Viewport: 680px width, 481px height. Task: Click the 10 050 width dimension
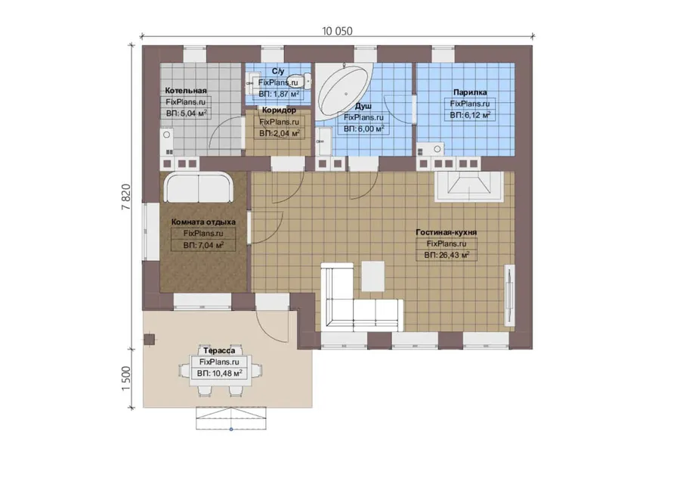337,31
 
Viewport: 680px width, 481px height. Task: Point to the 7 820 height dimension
125,197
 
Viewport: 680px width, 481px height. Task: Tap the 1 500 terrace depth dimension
125,378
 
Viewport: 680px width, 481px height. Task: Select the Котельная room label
186,90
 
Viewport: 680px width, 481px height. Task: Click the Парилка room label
470,92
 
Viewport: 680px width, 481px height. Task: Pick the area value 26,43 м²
447,256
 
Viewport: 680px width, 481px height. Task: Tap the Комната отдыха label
203,222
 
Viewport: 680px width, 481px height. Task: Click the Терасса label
219,350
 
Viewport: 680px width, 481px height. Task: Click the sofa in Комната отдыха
199,187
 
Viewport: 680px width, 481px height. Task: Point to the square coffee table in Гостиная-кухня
373,276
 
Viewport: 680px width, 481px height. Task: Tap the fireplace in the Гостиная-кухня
469,187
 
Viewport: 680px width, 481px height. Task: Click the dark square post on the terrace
149,339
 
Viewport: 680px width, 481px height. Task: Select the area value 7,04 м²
203,245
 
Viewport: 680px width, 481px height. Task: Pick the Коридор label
279,110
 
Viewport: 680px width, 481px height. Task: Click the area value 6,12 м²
470,115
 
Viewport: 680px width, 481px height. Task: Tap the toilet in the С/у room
305,80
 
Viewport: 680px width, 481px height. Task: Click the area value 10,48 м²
219,373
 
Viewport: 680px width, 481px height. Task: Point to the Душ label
363,107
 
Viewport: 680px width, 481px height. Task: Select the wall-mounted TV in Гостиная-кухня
508,295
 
